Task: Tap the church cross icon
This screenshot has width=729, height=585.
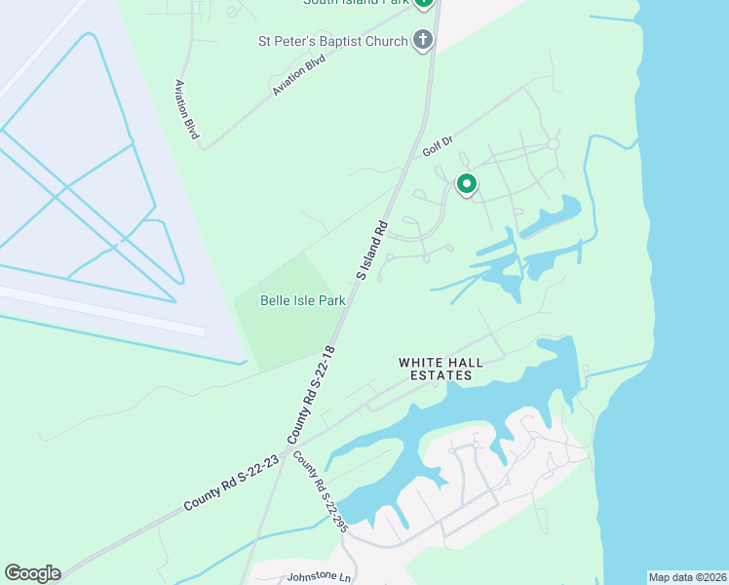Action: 423,40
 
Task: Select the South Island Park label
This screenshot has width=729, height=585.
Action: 355,2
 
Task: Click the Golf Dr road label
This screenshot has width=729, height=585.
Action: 439,146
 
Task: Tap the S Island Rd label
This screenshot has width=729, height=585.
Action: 372,251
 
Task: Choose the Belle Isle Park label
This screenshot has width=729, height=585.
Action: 303,301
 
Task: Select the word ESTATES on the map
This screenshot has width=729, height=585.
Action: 447,375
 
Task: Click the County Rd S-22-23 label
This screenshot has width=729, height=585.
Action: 231,483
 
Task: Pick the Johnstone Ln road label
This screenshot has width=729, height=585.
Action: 318,576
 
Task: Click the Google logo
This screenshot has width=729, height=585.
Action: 32,573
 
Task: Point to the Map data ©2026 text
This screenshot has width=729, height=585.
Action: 687,577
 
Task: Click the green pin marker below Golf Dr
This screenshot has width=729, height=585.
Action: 467,182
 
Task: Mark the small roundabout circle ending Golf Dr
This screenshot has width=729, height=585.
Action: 554,143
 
